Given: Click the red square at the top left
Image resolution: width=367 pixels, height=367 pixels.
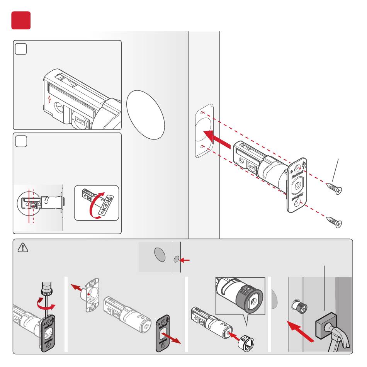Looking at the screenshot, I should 21,20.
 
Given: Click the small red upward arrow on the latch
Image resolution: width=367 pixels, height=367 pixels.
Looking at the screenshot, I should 49,99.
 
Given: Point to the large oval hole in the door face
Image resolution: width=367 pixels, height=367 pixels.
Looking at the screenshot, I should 146,114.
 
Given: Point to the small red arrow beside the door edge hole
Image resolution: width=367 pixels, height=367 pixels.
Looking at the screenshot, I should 185,260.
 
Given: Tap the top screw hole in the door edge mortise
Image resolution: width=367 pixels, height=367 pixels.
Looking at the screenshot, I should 203,112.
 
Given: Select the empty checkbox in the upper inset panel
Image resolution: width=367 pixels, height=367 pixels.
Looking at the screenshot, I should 21,49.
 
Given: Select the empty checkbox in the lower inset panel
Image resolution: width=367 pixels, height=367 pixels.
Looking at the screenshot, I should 21,142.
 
